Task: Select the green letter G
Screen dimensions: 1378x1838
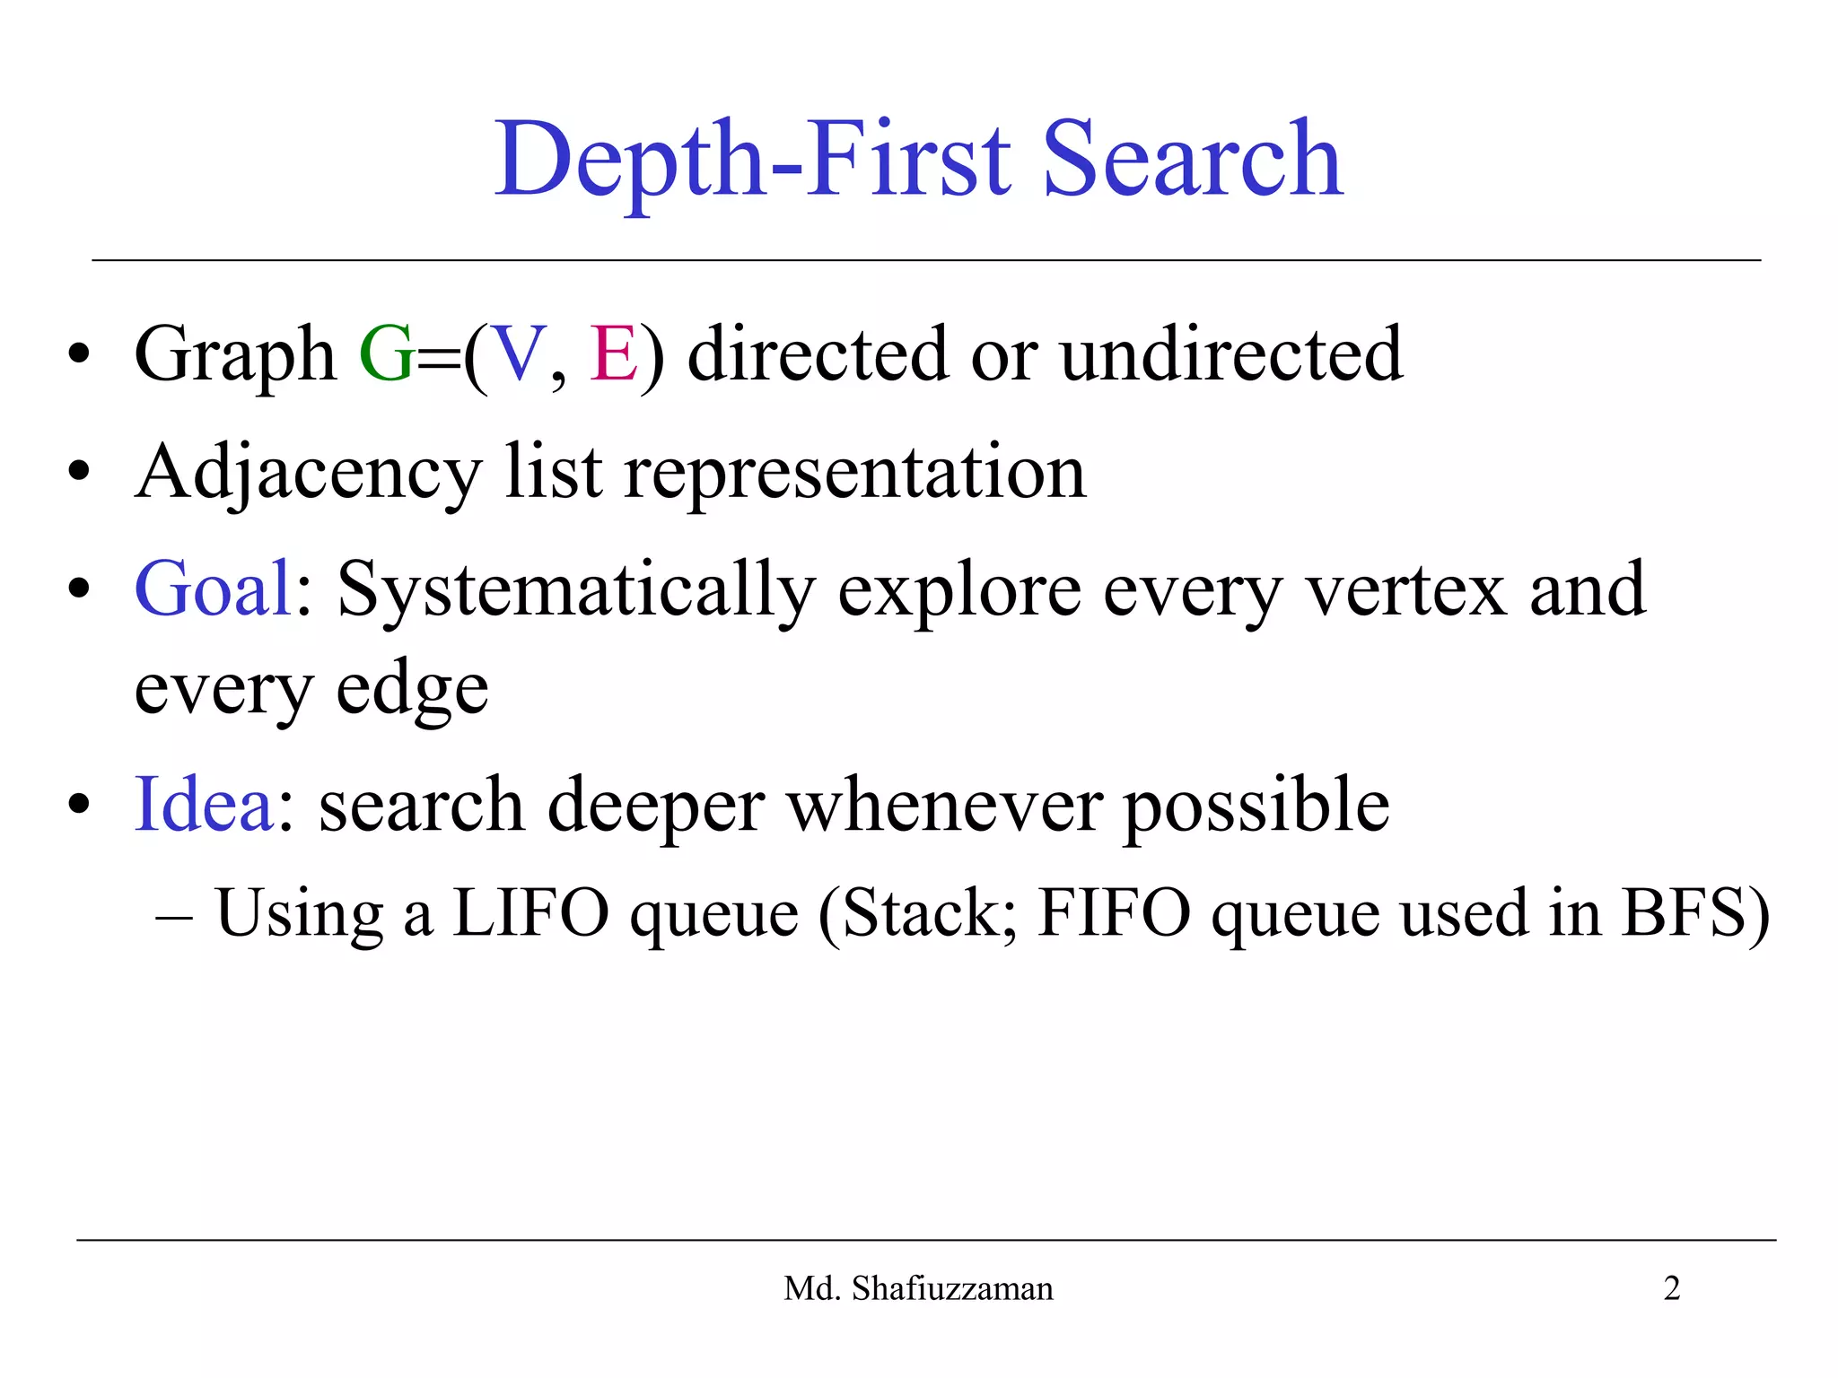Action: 386,354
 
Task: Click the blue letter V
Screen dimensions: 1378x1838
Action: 520,354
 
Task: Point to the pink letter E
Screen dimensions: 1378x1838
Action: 613,354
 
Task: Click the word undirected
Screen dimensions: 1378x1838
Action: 1231,354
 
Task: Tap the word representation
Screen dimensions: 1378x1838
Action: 854,474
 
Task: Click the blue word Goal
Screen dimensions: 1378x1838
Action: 213,589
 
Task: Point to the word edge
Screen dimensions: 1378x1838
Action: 412,691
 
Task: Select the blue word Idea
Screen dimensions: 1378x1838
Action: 204,805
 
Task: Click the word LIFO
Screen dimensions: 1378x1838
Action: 531,913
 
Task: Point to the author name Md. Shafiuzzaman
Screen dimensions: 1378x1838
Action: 918,1288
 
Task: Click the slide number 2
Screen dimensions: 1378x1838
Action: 1671,1288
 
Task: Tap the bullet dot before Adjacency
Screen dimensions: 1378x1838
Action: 79,472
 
